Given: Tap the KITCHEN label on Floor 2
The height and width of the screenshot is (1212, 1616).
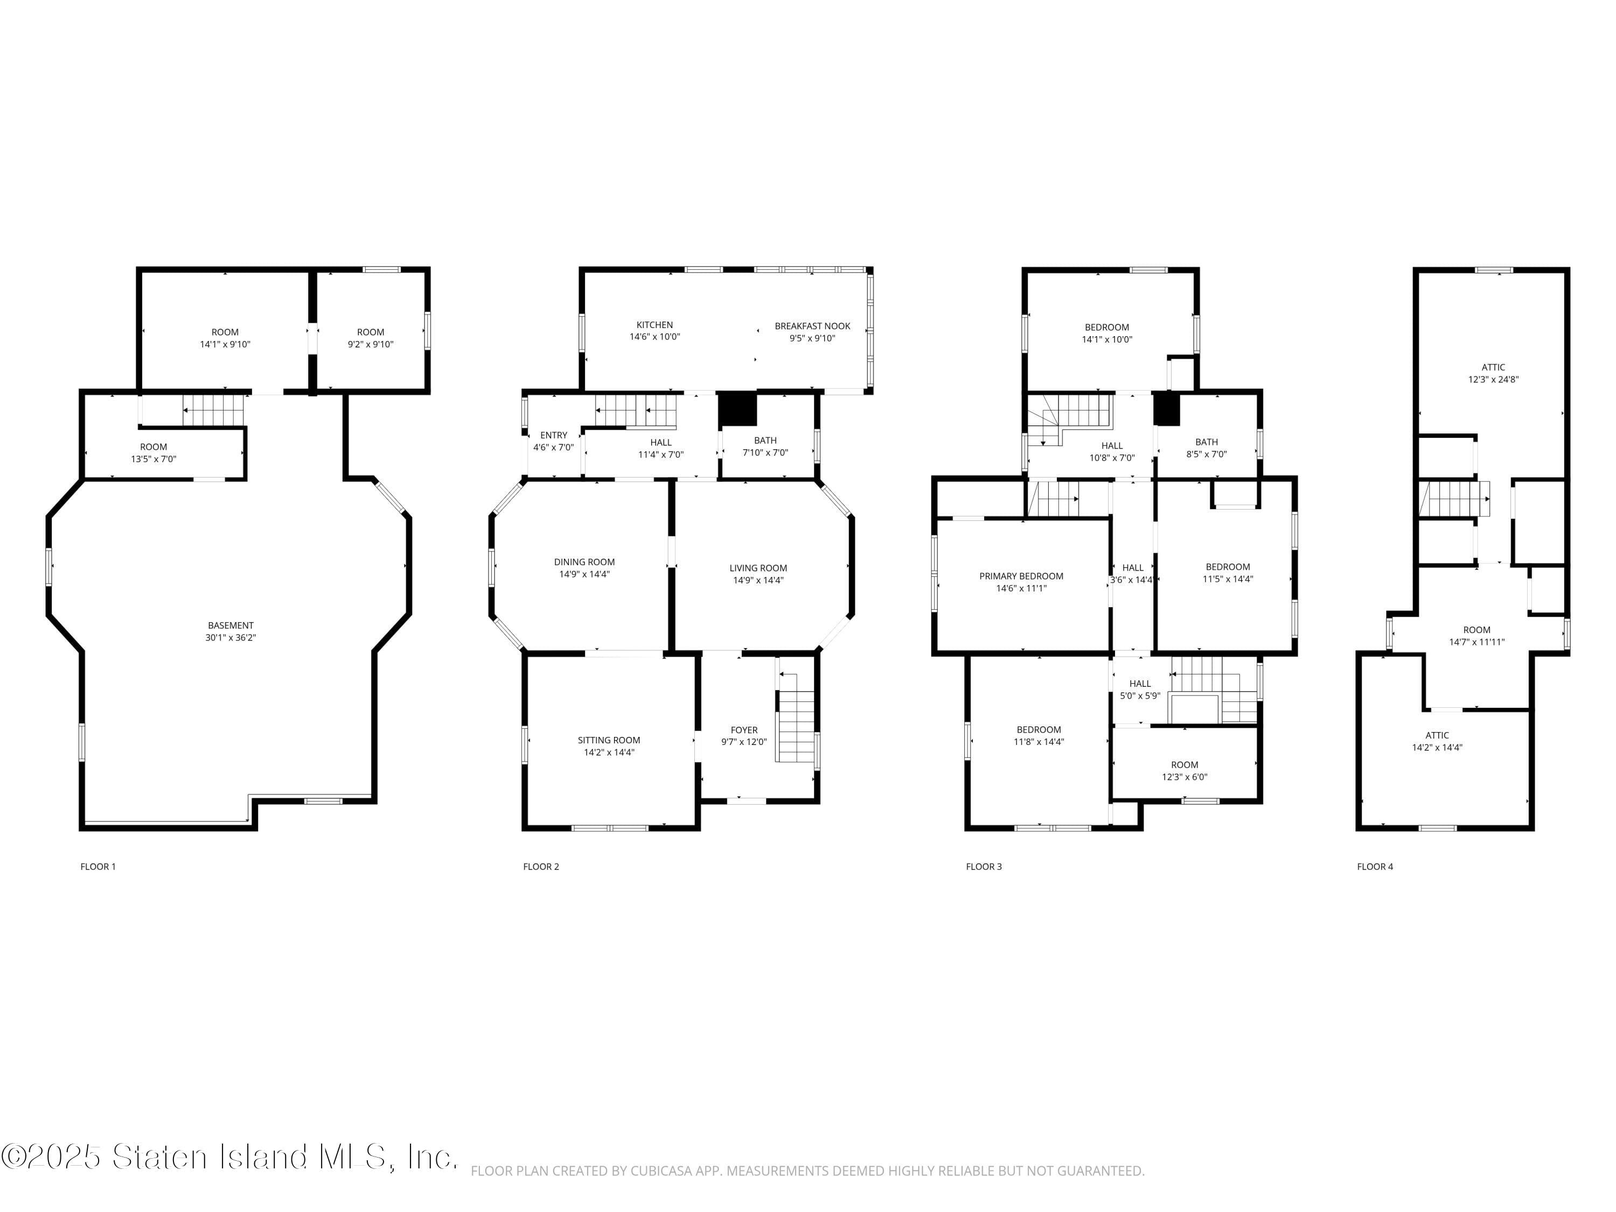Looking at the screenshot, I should [x=654, y=325].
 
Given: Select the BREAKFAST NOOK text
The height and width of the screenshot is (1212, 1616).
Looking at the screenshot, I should [x=812, y=326].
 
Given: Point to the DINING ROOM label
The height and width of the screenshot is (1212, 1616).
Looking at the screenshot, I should [x=584, y=562].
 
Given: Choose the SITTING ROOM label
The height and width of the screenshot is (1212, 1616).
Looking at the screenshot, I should [x=609, y=740].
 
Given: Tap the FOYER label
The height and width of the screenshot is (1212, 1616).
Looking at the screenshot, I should [x=744, y=730].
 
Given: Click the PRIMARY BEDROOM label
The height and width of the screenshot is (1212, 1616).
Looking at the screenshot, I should [x=1021, y=576].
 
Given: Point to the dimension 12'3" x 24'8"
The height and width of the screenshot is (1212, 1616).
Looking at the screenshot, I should [x=1493, y=380].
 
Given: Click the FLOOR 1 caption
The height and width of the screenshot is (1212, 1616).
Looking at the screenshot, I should [x=98, y=866].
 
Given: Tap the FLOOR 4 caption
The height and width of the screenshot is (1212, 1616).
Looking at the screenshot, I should [x=1375, y=866].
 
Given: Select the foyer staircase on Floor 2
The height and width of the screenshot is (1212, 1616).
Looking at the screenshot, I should [x=795, y=723].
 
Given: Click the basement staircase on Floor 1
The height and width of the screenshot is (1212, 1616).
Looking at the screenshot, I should [x=213, y=410].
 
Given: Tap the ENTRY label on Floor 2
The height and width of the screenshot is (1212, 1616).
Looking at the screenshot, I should [x=553, y=435].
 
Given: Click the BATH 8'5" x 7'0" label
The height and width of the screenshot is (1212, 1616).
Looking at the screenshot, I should [x=1206, y=442].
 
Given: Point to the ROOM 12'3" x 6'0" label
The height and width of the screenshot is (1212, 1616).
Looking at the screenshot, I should [x=1184, y=765].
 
